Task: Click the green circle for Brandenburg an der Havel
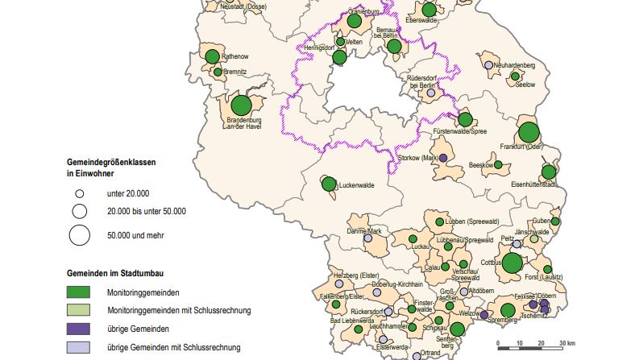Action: pos(241,105)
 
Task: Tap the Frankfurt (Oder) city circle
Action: pos(529,132)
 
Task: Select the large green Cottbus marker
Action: pos(513,263)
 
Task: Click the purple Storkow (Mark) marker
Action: pos(442,159)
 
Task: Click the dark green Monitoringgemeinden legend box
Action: pos(80,292)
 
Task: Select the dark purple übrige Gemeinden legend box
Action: pos(80,329)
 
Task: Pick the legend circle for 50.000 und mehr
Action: pos(80,235)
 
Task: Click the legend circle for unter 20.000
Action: pos(80,194)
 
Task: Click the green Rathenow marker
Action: pos(212,56)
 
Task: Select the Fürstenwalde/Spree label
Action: pos(459,130)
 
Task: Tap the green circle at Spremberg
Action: pos(508,311)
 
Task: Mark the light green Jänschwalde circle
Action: pos(533,239)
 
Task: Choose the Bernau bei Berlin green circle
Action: pos(394,46)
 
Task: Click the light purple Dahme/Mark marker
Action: pos(368,238)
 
